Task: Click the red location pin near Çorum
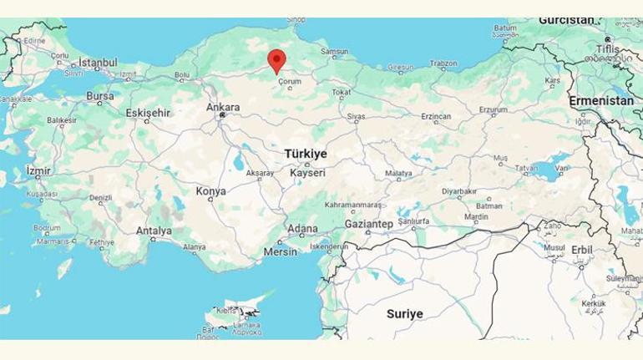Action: point(276,60)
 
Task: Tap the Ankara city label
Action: point(223,108)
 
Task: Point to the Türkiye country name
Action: point(306,155)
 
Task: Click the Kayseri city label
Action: point(307,173)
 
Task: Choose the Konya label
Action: point(210,191)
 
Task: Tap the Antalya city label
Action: point(154,231)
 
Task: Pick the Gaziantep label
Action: point(368,225)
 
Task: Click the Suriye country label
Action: point(404,314)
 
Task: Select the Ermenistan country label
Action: point(601,100)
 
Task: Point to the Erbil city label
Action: point(582,250)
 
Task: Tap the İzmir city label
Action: point(38,170)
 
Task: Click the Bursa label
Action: point(99,96)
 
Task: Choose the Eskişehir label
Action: point(148,113)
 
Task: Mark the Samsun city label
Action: point(335,52)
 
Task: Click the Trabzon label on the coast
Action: point(443,63)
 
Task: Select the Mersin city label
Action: point(280,251)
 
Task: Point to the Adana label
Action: point(302,229)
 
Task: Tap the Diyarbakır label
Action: point(459,191)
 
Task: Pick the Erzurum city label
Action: point(493,109)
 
